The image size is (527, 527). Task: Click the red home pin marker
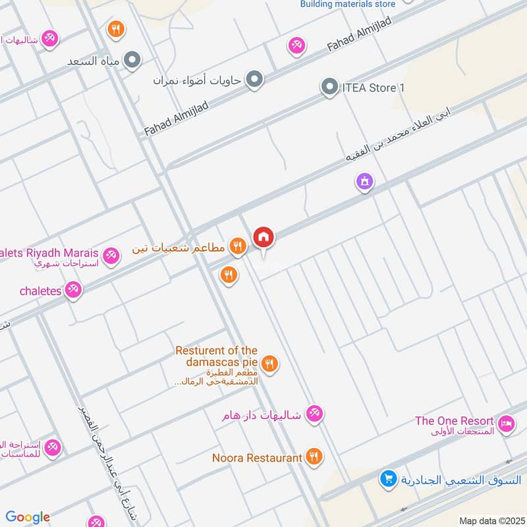click(x=263, y=237)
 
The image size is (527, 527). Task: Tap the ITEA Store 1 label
click(x=373, y=88)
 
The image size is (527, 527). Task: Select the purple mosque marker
click(x=364, y=180)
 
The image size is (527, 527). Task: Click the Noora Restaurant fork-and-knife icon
click(x=314, y=457)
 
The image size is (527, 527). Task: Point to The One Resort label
click(x=454, y=421)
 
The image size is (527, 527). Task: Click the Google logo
click(x=28, y=517)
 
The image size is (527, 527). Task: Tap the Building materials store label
click(x=348, y=4)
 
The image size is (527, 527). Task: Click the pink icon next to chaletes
click(x=74, y=289)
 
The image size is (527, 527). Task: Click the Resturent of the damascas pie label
click(x=216, y=356)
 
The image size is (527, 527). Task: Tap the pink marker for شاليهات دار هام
click(x=315, y=414)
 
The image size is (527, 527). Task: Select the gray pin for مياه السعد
click(x=133, y=61)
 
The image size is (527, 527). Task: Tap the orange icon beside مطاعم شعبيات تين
click(x=238, y=247)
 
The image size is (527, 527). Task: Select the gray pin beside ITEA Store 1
click(x=329, y=87)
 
